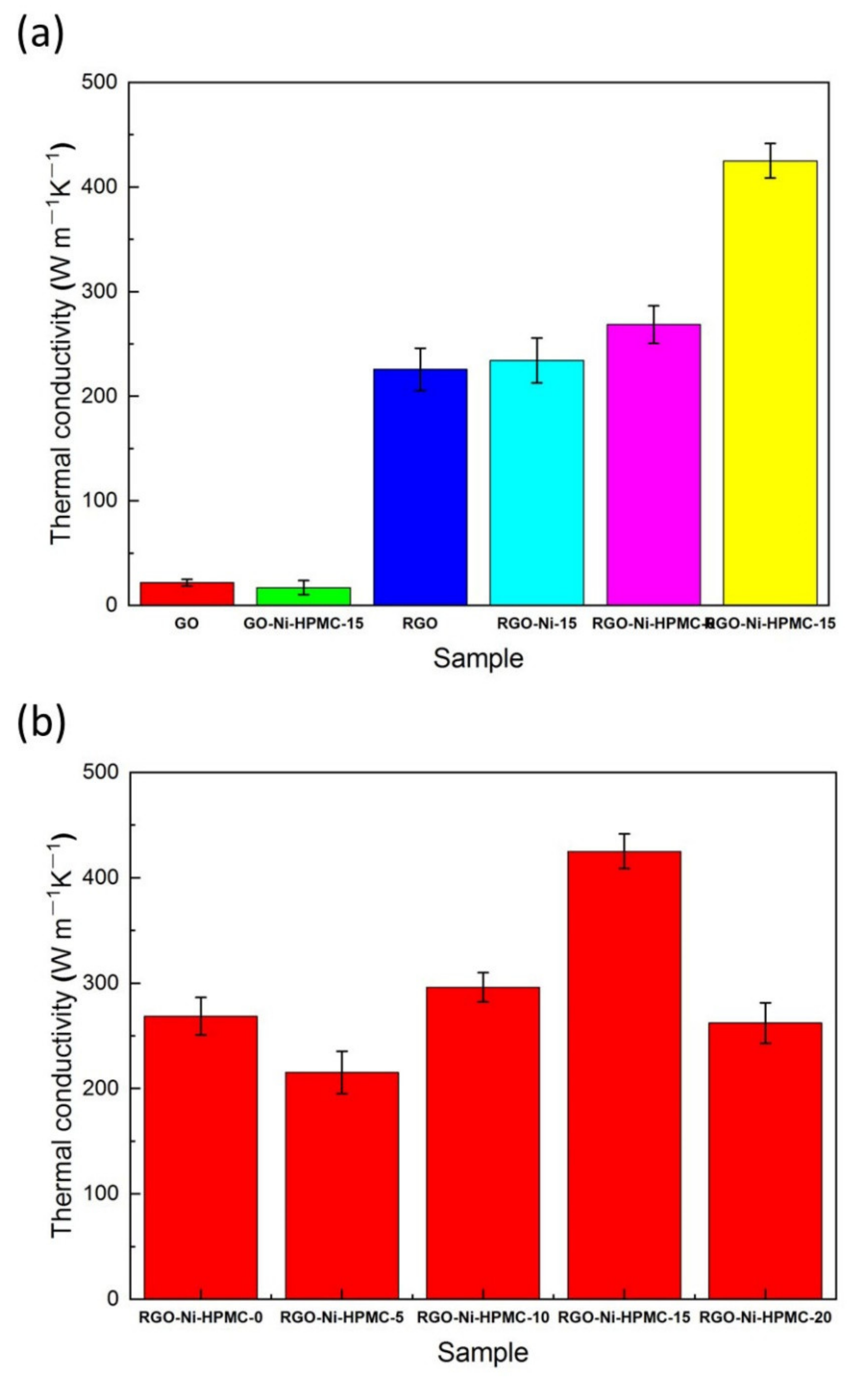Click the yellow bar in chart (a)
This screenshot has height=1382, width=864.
coord(770,383)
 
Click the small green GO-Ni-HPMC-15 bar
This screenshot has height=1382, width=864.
coord(303,596)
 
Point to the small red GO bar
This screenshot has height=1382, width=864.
coord(187,594)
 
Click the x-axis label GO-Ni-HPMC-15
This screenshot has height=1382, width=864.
coord(303,624)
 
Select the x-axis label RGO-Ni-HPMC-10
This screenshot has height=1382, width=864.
coord(483,1317)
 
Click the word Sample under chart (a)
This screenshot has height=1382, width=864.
coord(478,658)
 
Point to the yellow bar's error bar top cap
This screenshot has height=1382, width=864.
coord(770,143)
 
